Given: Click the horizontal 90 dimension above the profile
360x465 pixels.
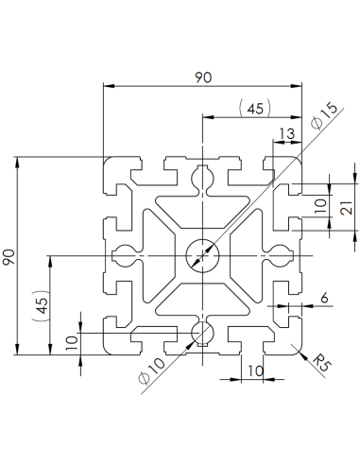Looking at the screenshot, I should click(x=202, y=78).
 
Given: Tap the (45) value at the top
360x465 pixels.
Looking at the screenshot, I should click(x=253, y=109).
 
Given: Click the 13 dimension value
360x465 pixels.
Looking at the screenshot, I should click(x=284, y=134).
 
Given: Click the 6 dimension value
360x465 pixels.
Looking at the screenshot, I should click(x=324, y=298).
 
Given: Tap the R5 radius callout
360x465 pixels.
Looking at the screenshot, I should click(x=320, y=361).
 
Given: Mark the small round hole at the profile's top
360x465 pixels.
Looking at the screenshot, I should click(x=201, y=177).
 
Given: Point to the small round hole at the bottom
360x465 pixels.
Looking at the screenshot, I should click(x=201, y=333).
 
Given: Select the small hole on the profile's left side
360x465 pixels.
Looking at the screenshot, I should click(x=124, y=255).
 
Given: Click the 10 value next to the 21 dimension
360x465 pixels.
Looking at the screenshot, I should click(x=319, y=203).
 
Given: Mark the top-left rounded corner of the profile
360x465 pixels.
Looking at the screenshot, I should click(x=106, y=160).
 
